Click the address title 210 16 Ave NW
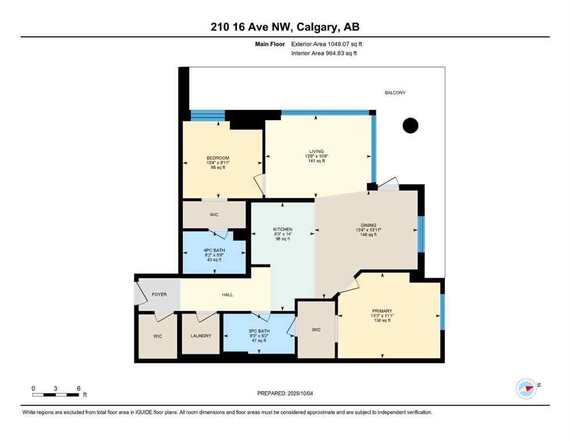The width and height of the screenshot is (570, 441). [285, 27]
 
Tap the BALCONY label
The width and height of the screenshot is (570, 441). [394, 92]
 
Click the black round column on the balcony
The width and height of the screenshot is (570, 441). [410, 125]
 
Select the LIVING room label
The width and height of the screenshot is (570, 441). [316, 151]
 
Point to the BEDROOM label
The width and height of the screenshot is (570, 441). [218, 158]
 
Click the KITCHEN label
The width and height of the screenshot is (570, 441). [282, 230]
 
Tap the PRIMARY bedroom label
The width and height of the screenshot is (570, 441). [381, 311]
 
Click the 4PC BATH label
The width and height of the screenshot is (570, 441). [214, 250]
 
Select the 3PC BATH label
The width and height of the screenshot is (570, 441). [258, 331]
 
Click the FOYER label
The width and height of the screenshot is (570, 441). [159, 295]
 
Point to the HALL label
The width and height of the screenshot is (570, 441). [227, 295]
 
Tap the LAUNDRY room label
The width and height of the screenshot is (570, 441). [200, 336]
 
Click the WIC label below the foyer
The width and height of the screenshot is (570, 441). [157, 336]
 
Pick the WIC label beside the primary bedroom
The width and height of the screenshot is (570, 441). [316, 330]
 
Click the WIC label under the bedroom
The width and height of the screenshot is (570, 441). [215, 214]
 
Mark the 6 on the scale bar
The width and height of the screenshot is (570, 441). [77, 388]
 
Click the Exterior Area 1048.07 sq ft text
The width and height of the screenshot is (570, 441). [327, 44]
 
